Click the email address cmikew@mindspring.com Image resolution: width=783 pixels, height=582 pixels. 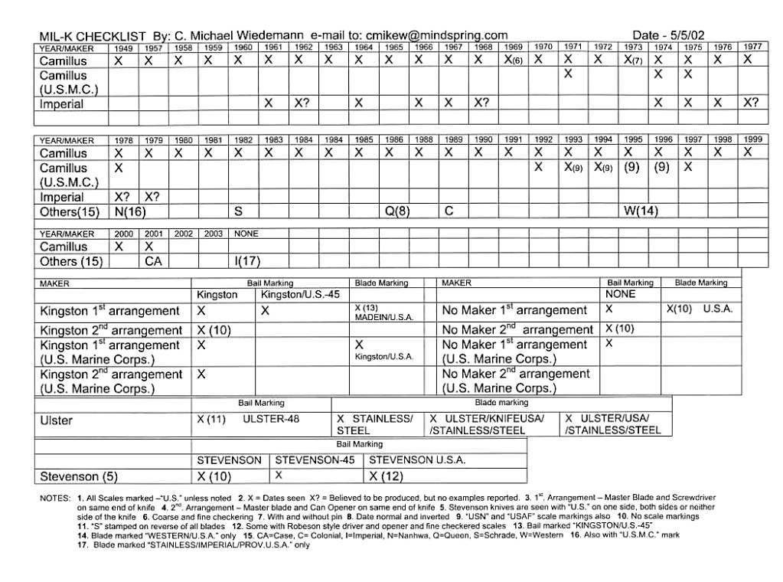coord(436,35)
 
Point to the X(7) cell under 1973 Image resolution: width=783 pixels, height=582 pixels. coord(632,60)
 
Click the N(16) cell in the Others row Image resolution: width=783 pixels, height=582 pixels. coord(130,211)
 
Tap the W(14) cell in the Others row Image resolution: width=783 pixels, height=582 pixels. coord(641,211)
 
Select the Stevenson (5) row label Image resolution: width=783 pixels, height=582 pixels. coord(79,476)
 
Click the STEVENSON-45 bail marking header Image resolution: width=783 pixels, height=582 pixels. coord(315,460)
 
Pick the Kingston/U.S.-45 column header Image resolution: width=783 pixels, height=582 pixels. coord(301,295)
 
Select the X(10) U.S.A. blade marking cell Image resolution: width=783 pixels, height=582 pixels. coord(700,309)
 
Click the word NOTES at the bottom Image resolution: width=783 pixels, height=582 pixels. coord(55,499)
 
